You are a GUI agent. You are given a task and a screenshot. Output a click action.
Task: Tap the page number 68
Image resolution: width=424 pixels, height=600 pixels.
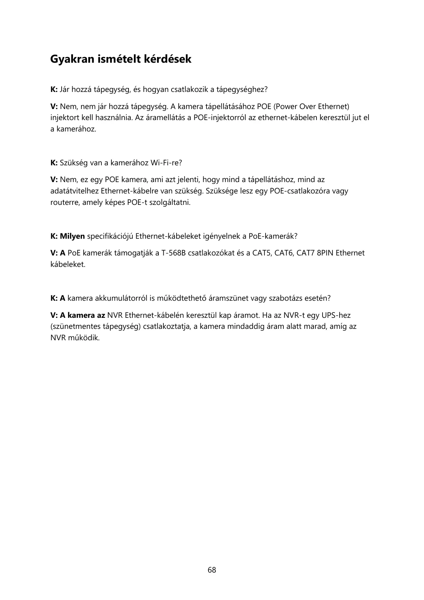[212, 570]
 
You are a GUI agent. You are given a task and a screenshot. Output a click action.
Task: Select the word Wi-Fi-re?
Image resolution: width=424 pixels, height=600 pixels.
[166, 163]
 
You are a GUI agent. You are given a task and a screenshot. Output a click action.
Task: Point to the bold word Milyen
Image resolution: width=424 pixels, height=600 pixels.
[72, 236]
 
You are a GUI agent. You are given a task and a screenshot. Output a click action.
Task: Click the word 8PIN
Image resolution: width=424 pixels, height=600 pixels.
[325, 253]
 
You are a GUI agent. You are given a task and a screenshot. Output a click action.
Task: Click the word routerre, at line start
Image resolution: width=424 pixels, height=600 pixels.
[65, 202]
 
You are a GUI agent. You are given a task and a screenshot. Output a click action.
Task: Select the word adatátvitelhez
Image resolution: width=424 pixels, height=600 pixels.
[74, 191]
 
